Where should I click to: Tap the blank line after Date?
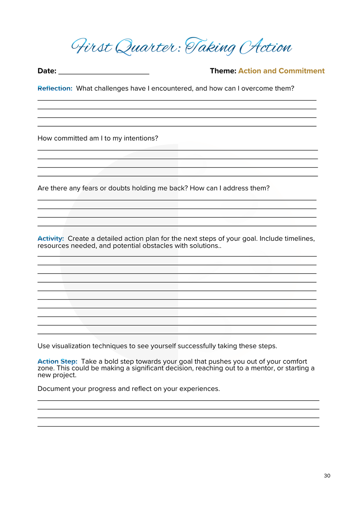pyautogui.click(x=104, y=71)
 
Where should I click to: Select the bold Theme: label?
pyautogui.click(x=223, y=71)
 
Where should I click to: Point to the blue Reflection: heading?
pyautogui.click(x=55, y=89)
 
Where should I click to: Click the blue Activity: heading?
pyautogui.click(x=51, y=239)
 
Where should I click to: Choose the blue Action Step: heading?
pyautogui.click(x=57, y=362)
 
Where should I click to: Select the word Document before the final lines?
pyautogui.click(x=53, y=389)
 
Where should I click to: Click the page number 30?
pyautogui.click(x=327, y=476)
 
